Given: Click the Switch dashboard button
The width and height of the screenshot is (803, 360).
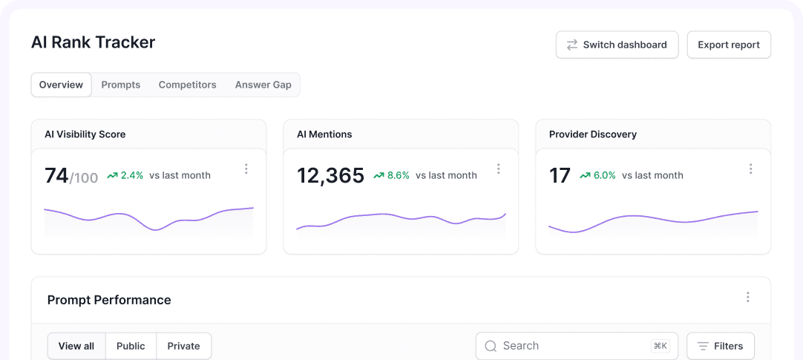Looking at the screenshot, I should [617, 45].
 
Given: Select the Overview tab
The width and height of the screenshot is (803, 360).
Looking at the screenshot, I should [61, 85].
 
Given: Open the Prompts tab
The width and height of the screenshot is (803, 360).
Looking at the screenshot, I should [121, 85].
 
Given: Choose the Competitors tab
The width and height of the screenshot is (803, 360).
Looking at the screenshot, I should [187, 85].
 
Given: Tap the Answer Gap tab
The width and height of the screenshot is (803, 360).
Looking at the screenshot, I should [263, 85].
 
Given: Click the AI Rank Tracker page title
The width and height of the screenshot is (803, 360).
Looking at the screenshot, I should [93, 42].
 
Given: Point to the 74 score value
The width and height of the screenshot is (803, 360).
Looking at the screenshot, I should [56, 176].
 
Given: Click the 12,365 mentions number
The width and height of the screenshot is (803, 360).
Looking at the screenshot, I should [330, 176].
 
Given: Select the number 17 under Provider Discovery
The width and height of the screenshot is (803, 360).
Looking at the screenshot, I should [560, 176].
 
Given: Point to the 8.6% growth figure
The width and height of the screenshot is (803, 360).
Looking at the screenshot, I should [391, 176].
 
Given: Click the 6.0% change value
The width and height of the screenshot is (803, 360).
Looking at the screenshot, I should [597, 176].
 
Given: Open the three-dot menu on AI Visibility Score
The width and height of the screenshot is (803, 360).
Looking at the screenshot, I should [246, 169].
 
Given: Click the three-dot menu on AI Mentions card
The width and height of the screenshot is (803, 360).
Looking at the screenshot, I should [499, 169].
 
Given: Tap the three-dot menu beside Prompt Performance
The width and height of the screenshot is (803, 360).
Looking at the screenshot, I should [748, 297].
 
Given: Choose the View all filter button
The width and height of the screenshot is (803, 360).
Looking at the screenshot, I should [76, 346].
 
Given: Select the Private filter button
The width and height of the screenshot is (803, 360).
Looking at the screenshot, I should [183, 346].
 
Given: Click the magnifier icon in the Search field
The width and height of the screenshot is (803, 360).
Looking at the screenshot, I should [491, 346].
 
